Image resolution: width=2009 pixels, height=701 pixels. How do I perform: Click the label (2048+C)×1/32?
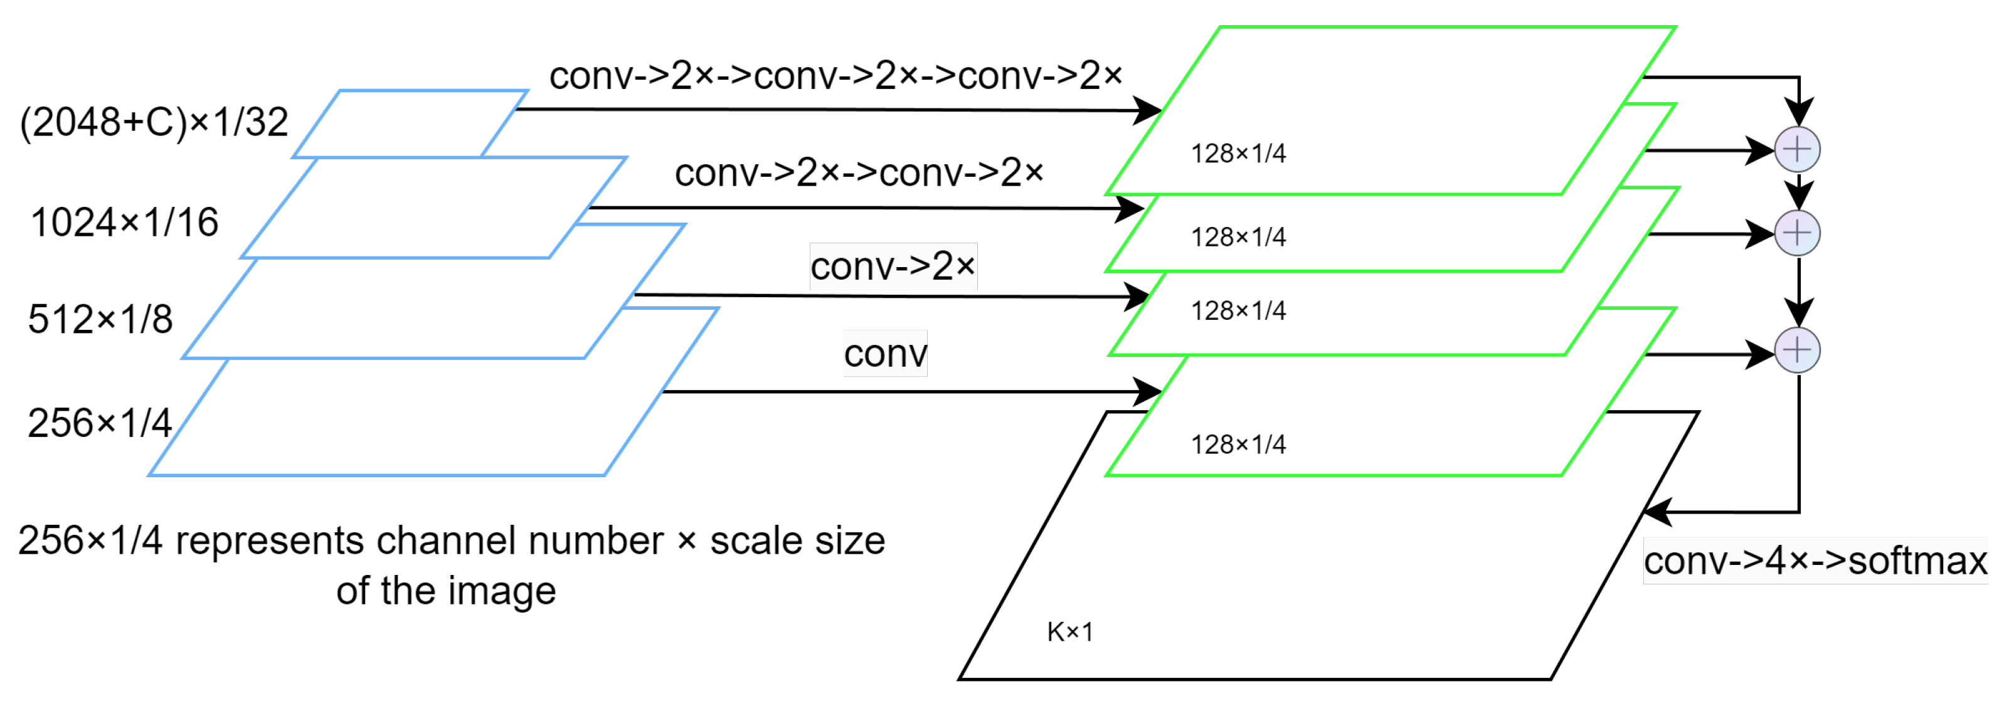(154, 122)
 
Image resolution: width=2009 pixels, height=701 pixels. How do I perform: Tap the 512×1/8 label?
(100, 320)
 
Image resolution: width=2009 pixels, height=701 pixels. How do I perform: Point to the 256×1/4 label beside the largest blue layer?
(99, 423)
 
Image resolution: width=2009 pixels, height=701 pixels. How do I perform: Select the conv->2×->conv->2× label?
(859, 172)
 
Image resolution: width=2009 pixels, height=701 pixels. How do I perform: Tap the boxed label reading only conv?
(885, 354)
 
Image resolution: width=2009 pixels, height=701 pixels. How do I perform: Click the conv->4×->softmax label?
(1815, 561)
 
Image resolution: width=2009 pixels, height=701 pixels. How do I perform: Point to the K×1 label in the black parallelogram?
(1069, 631)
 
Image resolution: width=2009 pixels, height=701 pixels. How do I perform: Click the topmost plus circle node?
(1797, 149)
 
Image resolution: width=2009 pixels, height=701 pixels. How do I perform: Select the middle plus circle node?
(1797, 233)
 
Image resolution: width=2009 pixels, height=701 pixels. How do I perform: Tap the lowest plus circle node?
(1797, 350)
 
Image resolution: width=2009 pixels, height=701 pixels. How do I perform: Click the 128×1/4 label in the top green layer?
(1238, 154)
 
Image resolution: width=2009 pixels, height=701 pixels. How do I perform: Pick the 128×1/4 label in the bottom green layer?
(1238, 445)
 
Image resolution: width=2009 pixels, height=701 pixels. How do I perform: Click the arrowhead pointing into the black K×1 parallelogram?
(1656, 512)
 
